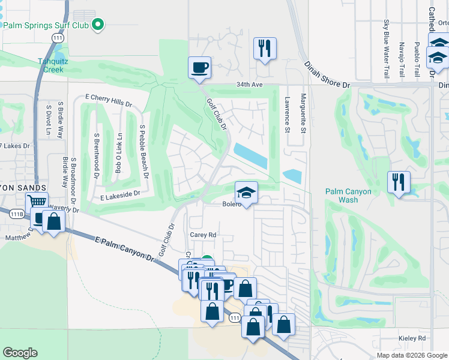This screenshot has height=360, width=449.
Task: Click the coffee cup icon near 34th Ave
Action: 199,67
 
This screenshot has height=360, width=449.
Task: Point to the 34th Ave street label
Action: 250,85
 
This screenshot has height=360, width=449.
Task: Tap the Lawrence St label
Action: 288,115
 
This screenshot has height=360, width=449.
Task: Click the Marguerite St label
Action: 304,114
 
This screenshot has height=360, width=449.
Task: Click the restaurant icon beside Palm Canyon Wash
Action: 399,181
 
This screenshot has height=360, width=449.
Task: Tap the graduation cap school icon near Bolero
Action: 246,193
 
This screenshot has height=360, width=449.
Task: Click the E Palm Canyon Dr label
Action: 124,248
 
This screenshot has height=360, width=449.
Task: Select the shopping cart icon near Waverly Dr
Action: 38,202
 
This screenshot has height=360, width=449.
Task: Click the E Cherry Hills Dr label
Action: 109,99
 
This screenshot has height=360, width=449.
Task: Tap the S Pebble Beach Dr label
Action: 143,153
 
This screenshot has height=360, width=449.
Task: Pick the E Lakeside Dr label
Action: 120,194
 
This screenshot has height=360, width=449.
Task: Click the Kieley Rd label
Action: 413,339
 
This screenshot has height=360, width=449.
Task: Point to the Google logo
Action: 20,353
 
